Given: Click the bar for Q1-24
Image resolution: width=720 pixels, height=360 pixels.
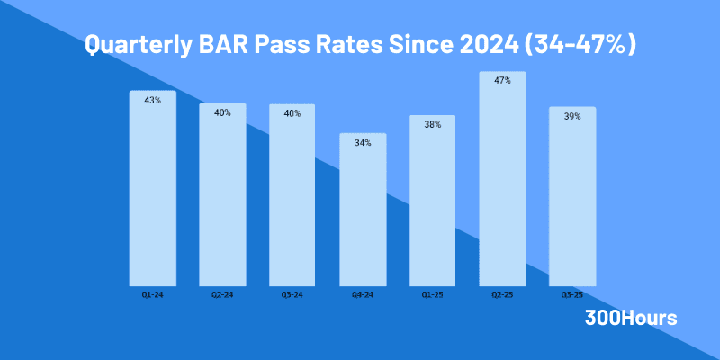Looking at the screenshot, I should tap(152, 189).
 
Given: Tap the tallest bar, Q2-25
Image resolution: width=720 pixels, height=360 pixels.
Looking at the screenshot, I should tap(502, 179).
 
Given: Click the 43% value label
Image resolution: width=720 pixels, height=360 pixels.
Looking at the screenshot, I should tap(152, 100).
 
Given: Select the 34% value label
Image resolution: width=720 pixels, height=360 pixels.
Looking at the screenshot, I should tap(363, 143).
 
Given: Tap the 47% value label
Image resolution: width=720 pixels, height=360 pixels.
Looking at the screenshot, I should tap(502, 81).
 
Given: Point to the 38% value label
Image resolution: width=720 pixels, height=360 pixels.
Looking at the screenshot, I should tap(433, 125).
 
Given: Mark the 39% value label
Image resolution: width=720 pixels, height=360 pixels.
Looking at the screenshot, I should tap(572, 117).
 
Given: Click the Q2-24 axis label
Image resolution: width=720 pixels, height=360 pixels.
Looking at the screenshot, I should tap(222, 294).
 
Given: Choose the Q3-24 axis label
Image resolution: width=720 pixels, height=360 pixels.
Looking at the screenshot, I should tap(292, 294).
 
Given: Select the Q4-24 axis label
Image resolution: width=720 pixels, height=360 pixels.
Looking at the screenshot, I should tap(363, 294).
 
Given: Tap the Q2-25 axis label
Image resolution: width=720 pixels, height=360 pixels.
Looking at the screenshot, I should tap(502, 294).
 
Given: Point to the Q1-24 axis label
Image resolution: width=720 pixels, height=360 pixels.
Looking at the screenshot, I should tap(152, 294).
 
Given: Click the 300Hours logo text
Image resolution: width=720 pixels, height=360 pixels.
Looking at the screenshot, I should tap(631, 318).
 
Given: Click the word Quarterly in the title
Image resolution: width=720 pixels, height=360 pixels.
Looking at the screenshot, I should tap(135, 44).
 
